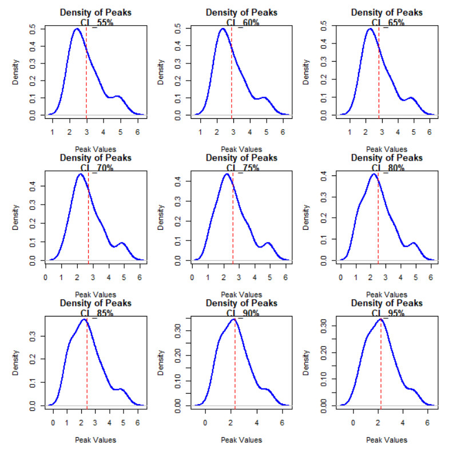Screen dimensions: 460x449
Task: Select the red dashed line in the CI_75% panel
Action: point(233,217)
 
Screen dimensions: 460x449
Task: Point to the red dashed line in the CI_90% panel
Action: point(235,366)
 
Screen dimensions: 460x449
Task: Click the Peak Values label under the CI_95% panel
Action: point(387,440)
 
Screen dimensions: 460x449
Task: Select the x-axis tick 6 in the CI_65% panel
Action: point(429,131)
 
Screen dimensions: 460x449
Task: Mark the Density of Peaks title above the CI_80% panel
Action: point(387,158)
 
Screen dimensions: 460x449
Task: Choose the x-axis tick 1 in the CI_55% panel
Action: point(53,131)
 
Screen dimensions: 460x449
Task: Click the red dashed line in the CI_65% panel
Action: point(379,74)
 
